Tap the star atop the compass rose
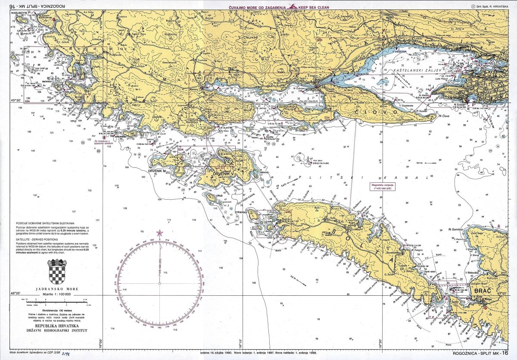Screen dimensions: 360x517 coord(160,233)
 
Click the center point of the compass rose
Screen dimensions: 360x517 coord(160,283)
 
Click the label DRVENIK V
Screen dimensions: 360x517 coord(226,174)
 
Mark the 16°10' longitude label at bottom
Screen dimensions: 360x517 coord(241,346)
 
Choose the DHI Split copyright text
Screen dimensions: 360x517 coord(490,7)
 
